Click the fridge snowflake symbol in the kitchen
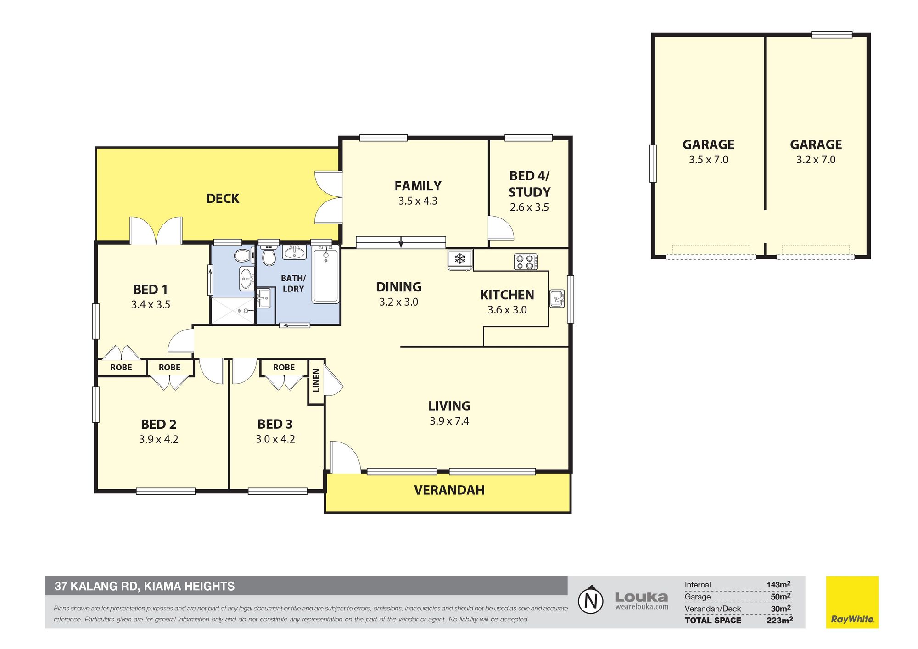tap(460, 258)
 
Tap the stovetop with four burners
tap(526, 262)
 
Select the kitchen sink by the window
tap(557, 299)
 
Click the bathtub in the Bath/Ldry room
tap(325, 274)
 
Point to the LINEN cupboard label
tap(316, 380)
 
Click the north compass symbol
tap(591, 600)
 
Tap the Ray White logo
tap(852, 602)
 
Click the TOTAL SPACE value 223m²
tap(779, 620)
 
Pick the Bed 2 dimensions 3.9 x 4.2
tap(159, 439)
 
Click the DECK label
tap(223, 199)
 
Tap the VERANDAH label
tap(449, 490)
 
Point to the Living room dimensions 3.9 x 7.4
tap(449, 421)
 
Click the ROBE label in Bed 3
tap(284, 368)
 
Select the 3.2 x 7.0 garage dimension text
tap(816, 160)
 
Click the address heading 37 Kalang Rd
tap(145, 586)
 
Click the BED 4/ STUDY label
tap(529, 184)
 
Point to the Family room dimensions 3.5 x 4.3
tap(418, 201)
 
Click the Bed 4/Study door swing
tap(501, 228)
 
